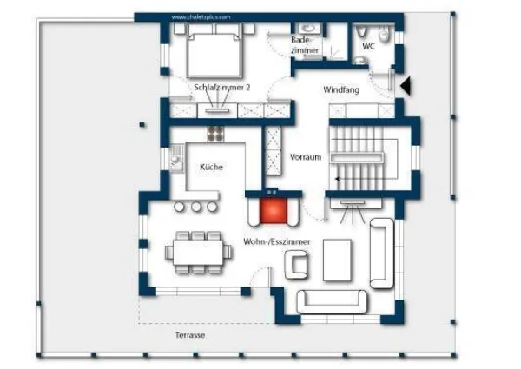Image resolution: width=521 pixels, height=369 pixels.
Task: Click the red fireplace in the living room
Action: click(x=273, y=210)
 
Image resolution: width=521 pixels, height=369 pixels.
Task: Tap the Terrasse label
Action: click(x=190, y=335)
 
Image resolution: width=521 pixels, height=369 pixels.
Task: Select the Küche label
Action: click(x=211, y=167)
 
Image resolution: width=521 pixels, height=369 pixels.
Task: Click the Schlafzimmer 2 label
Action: click(x=222, y=88)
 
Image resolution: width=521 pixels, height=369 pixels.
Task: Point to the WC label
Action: click(x=368, y=46)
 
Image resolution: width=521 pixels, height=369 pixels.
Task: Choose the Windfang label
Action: click(x=341, y=89)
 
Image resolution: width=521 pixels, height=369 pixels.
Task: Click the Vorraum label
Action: click(x=306, y=157)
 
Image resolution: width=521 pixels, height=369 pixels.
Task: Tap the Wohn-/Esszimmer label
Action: click(x=277, y=241)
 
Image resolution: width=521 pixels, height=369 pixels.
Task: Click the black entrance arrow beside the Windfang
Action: click(x=406, y=86)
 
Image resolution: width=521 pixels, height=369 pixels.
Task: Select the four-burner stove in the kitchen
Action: click(x=215, y=133)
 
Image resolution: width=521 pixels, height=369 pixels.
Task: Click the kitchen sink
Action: click(x=176, y=158)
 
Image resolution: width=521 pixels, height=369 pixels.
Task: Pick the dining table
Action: click(x=198, y=253)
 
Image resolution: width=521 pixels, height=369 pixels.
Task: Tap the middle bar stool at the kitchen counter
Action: click(x=196, y=207)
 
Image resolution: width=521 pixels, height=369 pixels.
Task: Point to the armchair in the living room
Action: click(x=296, y=265)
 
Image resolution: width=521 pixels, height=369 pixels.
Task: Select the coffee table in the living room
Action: click(x=337, y=260)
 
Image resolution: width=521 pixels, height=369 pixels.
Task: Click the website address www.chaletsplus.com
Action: click(x=201, y=17)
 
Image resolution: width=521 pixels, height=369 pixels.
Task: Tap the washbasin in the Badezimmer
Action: click(x=309, y=28)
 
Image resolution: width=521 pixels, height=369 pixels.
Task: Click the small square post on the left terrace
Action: click(x=142, y=125)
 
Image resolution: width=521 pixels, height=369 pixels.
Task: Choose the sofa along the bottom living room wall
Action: click(x=332, y=301)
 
